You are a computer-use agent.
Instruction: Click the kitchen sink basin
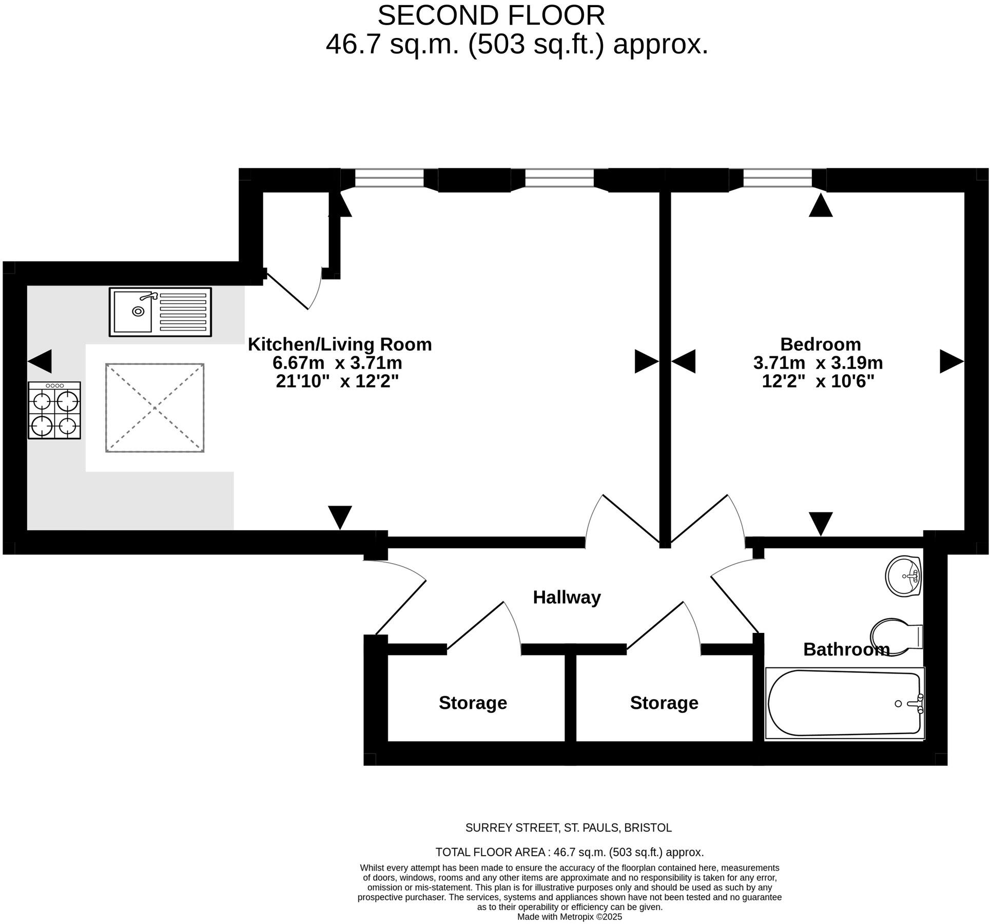tap(133, 312)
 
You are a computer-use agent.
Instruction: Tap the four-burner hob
tap(54, 410)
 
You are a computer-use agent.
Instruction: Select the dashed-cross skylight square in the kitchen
tap(155, 408)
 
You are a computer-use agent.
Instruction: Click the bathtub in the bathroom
tap(844, 703)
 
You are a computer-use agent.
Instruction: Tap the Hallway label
tap(567, 598)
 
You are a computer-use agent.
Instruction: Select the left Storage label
tap(473, 703)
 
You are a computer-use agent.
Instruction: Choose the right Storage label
tap(664, 703)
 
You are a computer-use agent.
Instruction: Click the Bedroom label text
tap(820, 344)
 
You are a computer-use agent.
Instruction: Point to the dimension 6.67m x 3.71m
tap(337, 363)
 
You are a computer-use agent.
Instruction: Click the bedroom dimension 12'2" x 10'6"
tap(818, 381)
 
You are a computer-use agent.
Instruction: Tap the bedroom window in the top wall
tap(778, 179)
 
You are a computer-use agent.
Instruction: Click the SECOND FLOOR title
tap(491, 15)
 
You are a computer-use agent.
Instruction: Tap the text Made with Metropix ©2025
tap(569, 917)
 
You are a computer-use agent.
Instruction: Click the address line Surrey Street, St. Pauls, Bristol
tap(568, 827)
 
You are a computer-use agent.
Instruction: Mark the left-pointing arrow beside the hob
tap(40, 361)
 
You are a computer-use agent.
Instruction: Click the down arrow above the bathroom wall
tap(821, 524)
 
